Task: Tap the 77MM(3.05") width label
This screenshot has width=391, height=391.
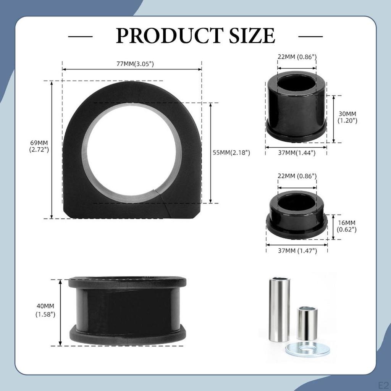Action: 135,64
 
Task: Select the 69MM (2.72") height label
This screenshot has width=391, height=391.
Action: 39,146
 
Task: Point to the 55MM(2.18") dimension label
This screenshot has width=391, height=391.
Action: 231,153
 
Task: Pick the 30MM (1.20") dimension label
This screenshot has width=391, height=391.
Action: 347,117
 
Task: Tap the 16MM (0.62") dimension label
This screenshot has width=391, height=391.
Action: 347,226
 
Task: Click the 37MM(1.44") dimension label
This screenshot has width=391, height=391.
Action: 296,153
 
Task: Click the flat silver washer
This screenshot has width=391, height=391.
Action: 307,349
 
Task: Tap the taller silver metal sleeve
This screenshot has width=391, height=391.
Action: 280,309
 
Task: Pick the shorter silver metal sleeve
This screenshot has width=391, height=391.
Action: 307,323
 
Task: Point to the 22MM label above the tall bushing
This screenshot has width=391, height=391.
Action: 297,57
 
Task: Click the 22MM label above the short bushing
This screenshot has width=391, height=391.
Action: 297,176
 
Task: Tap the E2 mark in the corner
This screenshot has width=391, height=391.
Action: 383,384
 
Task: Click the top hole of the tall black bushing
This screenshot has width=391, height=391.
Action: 296,82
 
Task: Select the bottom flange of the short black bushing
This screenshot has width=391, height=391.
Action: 297,230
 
